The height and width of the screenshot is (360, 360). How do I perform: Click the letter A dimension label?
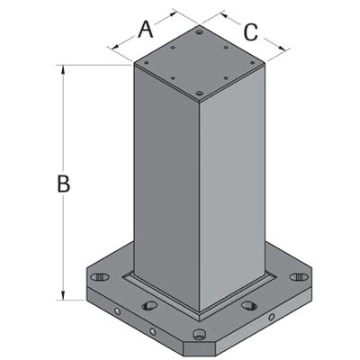(x=144, y=30)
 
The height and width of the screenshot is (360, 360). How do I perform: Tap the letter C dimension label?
(x=250, y=32)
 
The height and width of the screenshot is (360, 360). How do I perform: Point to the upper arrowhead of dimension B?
(x=63, y=69)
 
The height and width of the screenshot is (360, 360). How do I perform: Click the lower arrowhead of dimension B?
(x=63, y=296)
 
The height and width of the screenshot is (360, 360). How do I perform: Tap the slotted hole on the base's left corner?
(x=101, y=274)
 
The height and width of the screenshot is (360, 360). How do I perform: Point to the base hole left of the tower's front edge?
(x=150, y=306)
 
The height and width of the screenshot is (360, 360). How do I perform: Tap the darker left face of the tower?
(x=165, y=189)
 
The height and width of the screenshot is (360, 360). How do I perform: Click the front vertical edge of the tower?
(x=199, y=198)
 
